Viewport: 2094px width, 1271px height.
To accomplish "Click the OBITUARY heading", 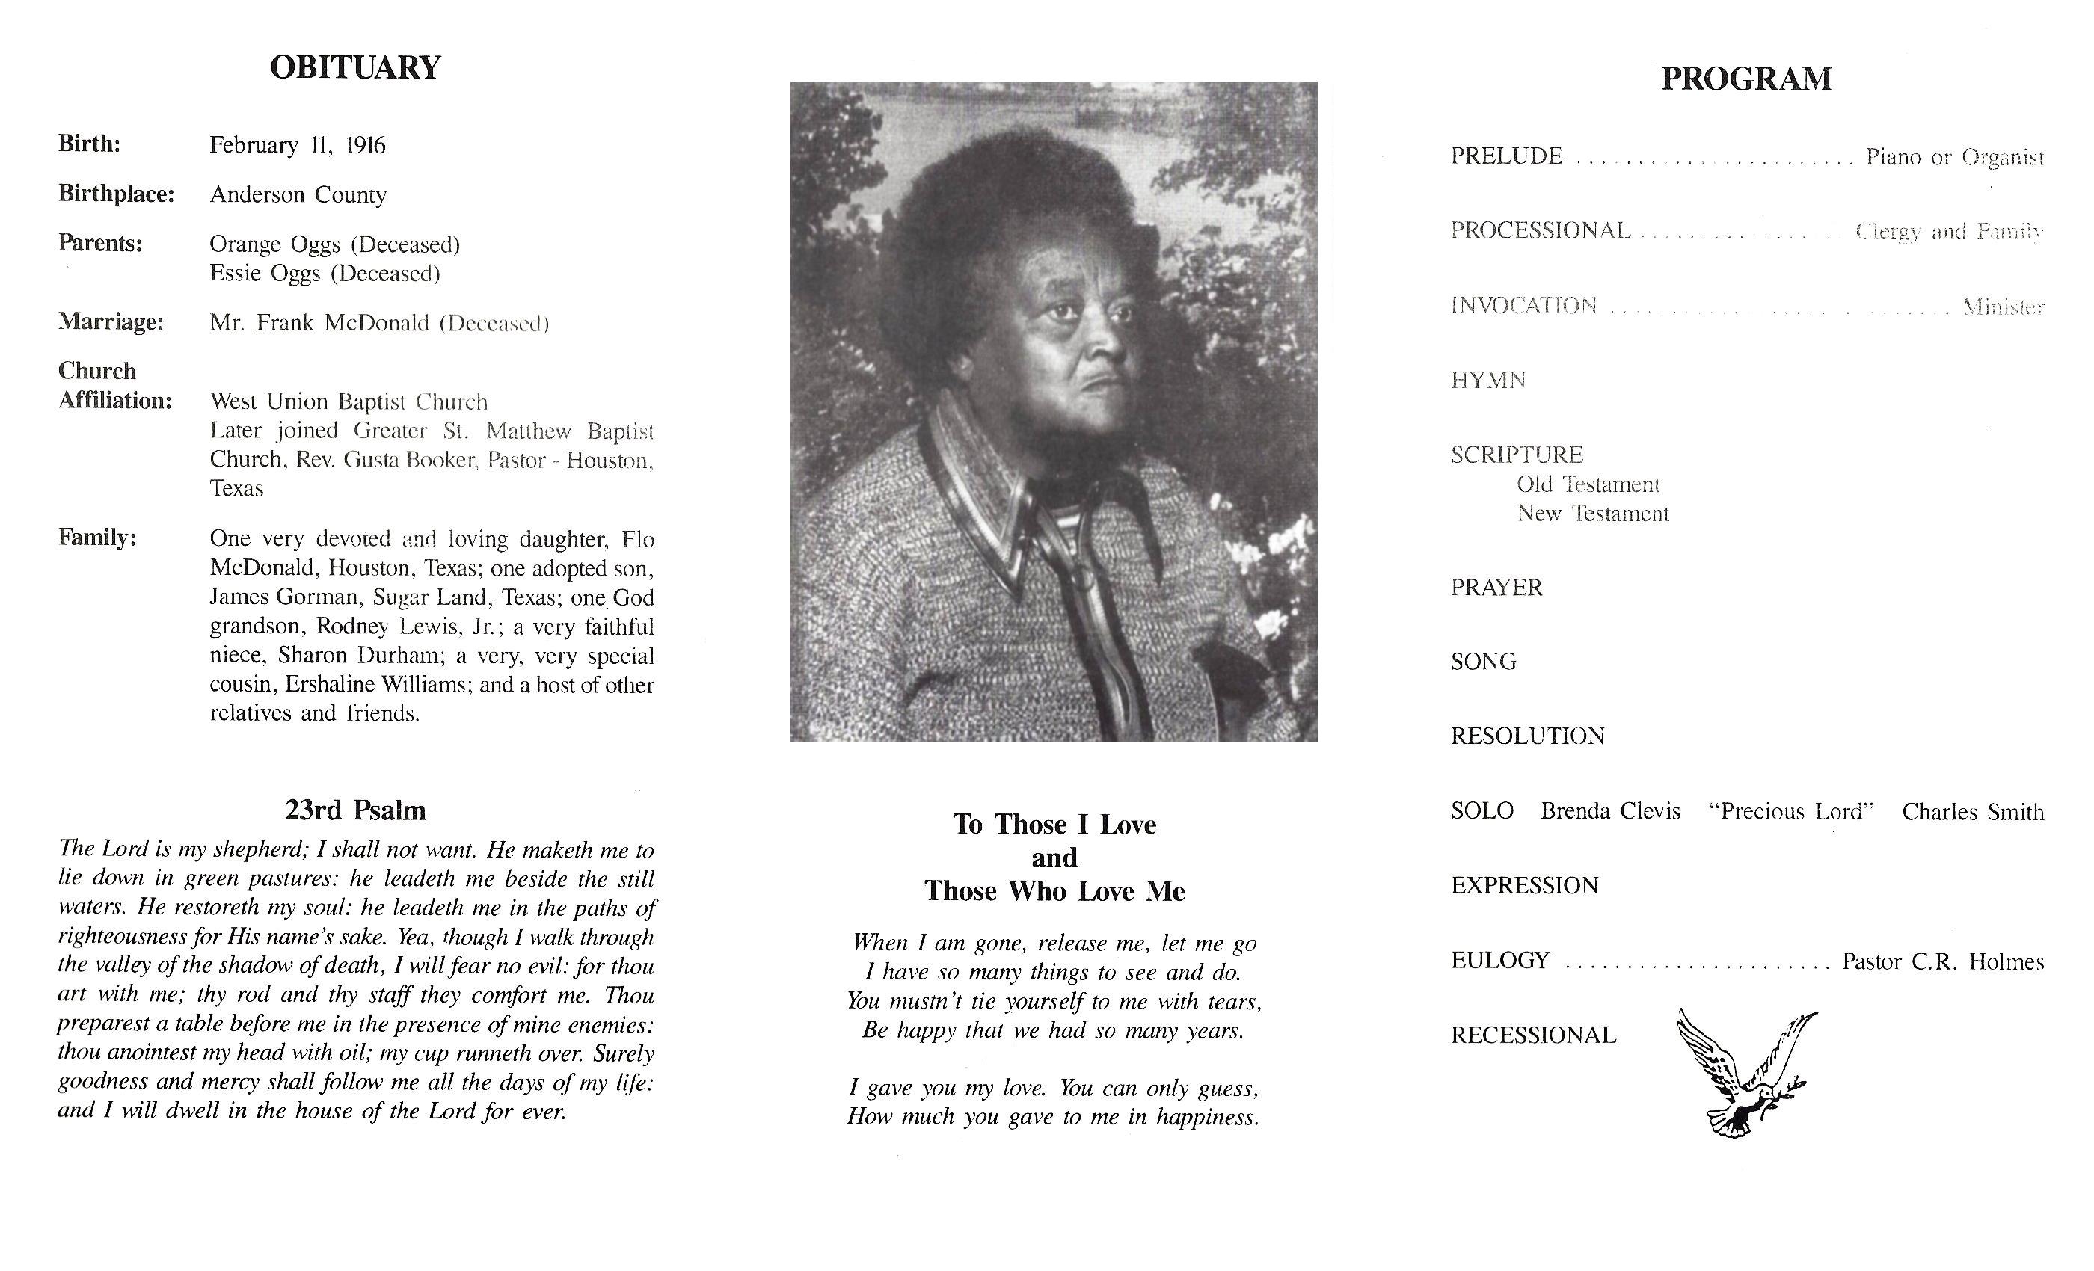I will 355,68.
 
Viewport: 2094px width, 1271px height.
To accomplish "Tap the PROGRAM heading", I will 1745,79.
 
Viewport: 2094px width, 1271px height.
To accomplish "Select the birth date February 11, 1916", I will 298,145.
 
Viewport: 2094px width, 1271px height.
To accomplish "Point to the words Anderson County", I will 298,194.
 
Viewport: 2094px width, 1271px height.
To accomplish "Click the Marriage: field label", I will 111,322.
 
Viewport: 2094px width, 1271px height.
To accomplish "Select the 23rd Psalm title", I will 355,810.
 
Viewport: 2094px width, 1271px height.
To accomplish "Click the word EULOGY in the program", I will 1500,961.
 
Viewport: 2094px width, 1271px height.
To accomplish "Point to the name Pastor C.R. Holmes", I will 1942,961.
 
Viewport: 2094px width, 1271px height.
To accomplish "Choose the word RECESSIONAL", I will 1533,1035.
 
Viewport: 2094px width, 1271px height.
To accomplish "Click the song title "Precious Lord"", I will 1790,811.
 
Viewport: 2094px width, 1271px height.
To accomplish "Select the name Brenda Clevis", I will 1609,811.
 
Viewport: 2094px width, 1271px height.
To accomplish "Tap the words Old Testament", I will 1588,485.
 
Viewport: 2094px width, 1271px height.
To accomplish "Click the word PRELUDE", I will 1506,156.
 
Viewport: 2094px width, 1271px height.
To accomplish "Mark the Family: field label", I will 97,538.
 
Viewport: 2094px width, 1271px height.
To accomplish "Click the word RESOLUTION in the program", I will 1527,736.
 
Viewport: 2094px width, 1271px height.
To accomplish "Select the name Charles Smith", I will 1973,812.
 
